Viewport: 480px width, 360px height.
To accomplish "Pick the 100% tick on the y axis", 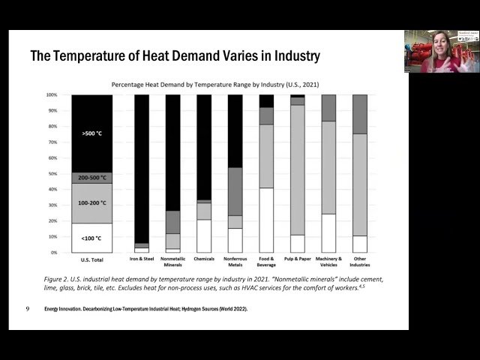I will (x=52, y=95).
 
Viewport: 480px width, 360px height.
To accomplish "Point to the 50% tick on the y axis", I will (x=52, y=174).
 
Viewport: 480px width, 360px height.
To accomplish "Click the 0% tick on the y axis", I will (x=53, y=253).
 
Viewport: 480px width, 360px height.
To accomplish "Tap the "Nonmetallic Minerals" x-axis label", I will (x=172, y=262).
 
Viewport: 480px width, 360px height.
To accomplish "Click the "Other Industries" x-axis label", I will (x=360, y=262).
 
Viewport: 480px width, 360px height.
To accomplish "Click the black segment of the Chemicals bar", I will (x=204, y=146).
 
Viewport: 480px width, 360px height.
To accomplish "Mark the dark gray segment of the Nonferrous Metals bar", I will (x=235, y=191).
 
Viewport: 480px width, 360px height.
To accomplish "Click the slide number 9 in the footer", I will (x=28, y=308).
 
